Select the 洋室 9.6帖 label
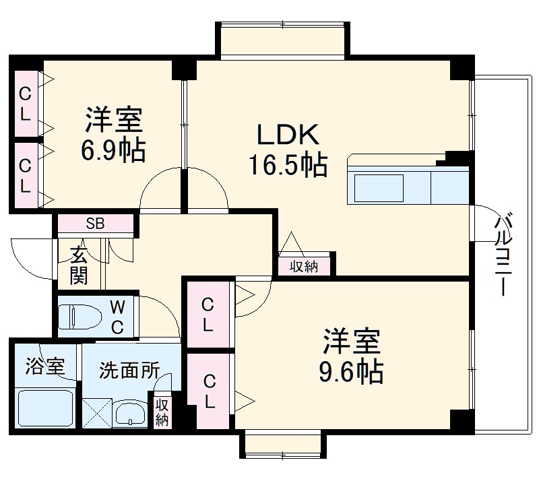point(352,355)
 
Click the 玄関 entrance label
point(79,265)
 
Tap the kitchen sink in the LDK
point(379,188)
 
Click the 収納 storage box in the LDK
point(304,266)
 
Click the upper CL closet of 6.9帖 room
point(25,103)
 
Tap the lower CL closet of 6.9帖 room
point(25,174)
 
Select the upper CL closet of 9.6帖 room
point(208,315)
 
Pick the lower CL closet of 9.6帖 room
point(208,393)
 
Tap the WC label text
point(117,317)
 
